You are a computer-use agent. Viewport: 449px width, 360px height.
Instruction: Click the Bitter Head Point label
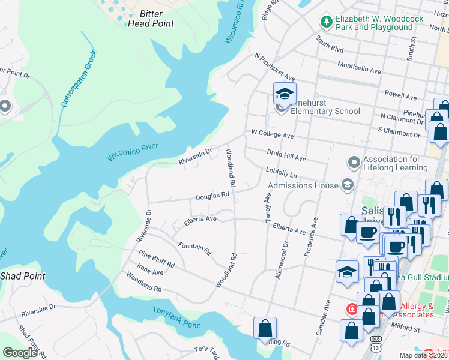(151, 19)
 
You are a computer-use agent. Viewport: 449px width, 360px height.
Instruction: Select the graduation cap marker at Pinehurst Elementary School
(285, 94)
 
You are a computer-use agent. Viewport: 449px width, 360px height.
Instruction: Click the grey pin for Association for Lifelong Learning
(354, 163)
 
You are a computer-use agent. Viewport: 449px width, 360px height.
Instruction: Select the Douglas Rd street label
(212, 196)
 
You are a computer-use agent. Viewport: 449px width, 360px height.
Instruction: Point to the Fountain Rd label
(195, 248)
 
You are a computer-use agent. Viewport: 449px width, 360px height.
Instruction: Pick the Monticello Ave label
(359, 70)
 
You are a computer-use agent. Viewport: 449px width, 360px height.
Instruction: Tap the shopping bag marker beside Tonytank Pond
(265, 329)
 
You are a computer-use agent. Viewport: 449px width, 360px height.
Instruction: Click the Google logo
(20, 353)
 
